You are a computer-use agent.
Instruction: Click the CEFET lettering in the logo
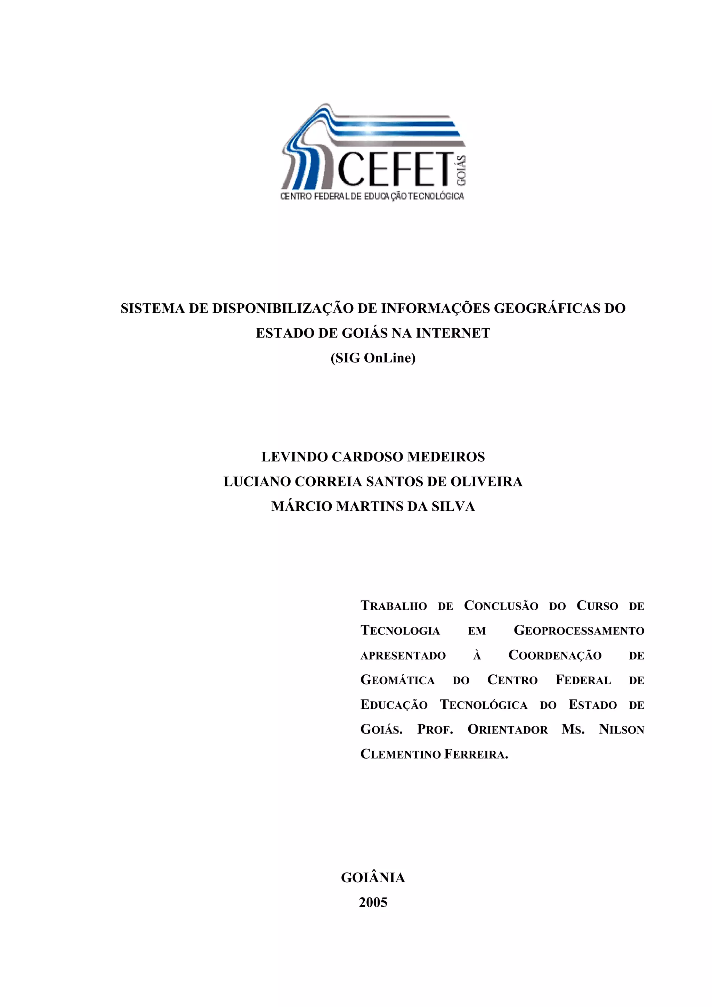point(395,169)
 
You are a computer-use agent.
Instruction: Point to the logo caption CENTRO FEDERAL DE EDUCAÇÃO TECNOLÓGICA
point(372,196)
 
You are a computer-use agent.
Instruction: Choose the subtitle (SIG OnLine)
point(373,358)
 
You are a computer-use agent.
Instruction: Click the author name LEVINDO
point(294,457)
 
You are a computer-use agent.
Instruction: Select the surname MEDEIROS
point(446,457)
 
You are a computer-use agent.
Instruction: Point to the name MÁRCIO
point(301,507)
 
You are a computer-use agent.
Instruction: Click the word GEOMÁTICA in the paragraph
point(397,680)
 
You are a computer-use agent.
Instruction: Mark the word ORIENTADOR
point(508,730)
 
